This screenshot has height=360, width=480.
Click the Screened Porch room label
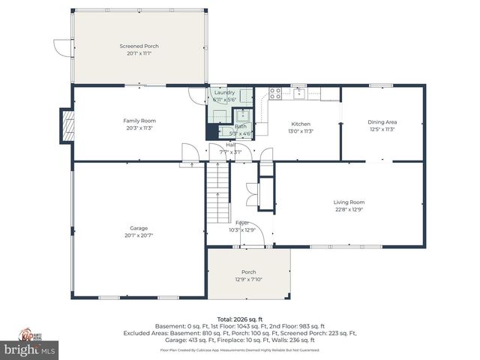coord(139,46)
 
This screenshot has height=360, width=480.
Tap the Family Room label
coord(139,121)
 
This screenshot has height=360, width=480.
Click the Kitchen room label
coord(301,124)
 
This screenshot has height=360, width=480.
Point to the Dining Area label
coord(382,122)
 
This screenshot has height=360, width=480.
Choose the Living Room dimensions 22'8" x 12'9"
coord(349,208)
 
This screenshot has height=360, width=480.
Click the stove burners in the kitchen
coord(275,94)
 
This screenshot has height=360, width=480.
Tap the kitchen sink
coord(299,94)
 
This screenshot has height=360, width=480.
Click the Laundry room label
coord(224,92)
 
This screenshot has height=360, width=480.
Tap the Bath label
coord(240,126)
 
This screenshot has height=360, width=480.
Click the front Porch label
coord(248,271)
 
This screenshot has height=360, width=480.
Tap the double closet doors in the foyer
coord(251,195)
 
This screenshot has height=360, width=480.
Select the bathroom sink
coord(242,116)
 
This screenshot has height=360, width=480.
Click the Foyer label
coord(242,223)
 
